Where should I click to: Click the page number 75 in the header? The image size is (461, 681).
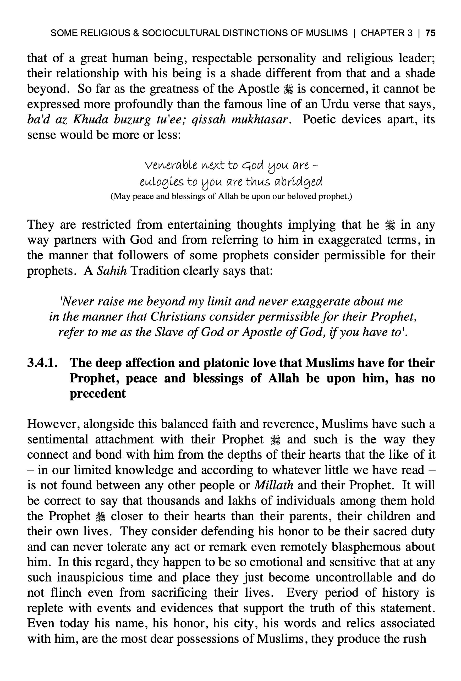point(430,33)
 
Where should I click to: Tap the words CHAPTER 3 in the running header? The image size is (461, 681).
point(387,33)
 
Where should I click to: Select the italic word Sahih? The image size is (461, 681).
point(112,271)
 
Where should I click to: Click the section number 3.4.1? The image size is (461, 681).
point(42,363)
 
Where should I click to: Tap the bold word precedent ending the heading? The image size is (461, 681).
point(98,393)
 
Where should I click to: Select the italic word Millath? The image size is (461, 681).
point(274,485)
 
